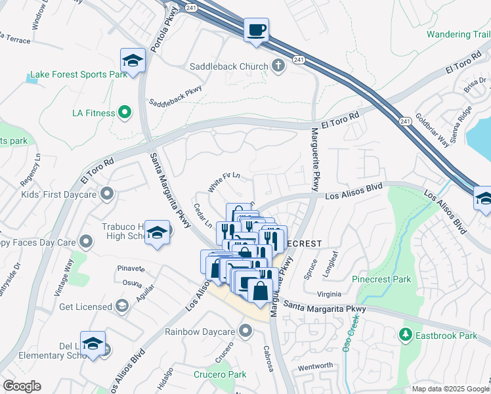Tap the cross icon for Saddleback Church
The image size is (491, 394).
point(278,66)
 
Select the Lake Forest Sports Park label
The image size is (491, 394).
point(77,75)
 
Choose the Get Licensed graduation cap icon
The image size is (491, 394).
point(122,306)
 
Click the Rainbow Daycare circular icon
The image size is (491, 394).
point(245,330)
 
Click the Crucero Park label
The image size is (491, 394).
point(220,374)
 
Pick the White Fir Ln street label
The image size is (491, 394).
point(224,182)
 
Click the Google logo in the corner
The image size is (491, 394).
point(21,386)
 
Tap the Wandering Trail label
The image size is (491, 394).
point(458,34)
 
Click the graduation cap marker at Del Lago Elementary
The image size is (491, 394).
point(93,343)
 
